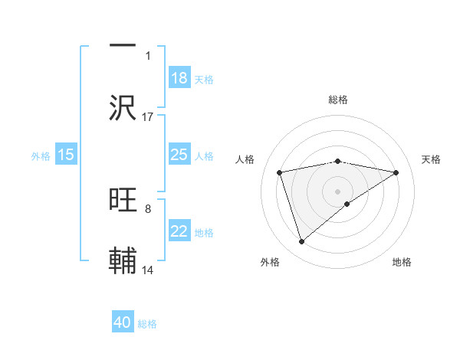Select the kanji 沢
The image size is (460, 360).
(x=123, y=108)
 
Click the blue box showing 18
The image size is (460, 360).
(x=179, y=78)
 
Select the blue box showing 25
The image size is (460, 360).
(x=179, y=155)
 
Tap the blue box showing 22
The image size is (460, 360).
(x=179, y=231)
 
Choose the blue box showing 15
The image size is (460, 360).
(x=66, y=155)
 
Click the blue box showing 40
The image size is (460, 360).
(x=123, y=322)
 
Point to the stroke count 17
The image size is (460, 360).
(x=148, y=116)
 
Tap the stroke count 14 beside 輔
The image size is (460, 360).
(x=148, y=270)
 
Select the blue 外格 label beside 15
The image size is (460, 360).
(x=41, y=155)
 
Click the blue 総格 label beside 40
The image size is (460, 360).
(x=147, y=324)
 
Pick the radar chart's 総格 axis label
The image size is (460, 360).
(x=338, y=100)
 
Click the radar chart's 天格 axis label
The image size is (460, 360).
(x=432, y=159)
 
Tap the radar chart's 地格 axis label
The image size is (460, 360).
(x=402, y=262)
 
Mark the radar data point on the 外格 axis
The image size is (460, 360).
(x=301, y=242)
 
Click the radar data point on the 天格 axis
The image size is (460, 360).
(x=396, y=172)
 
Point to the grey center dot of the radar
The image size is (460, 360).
(x=338, y=191)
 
